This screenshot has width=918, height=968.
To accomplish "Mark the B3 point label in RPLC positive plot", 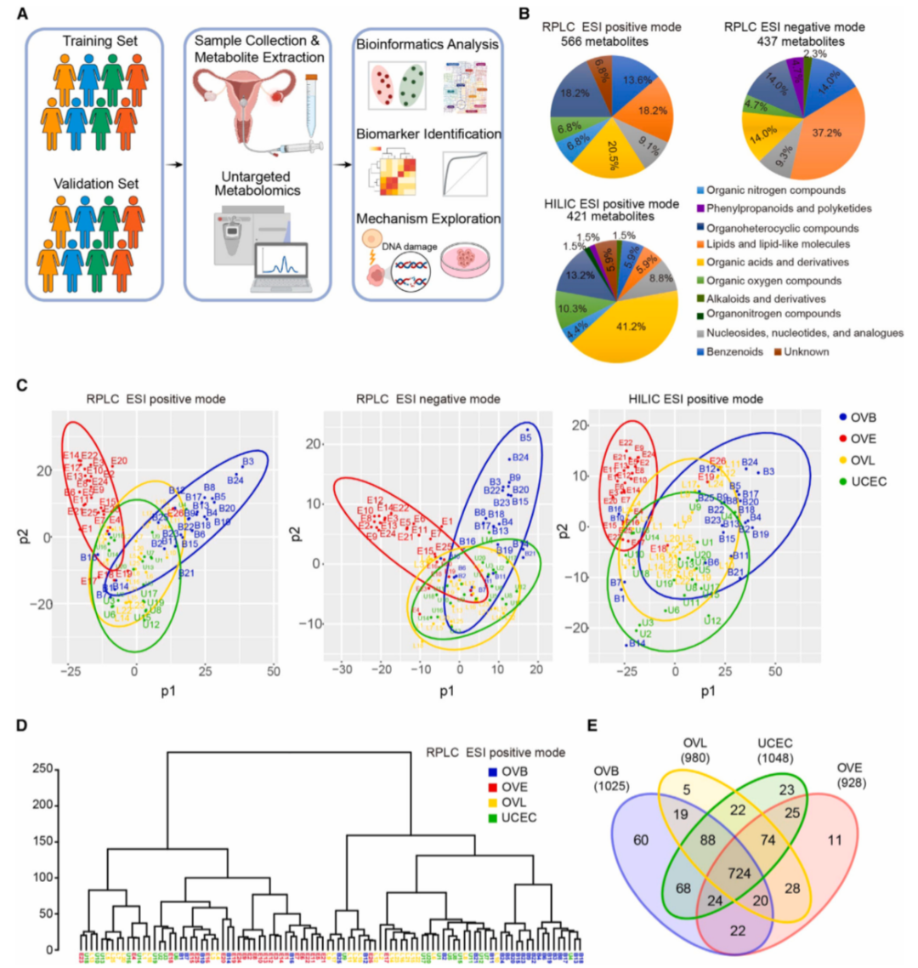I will [248, 461].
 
